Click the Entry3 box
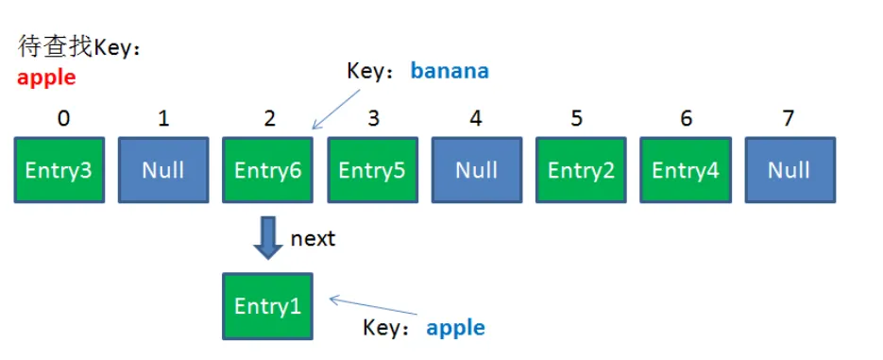(59, 169)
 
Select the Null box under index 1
(163, 169)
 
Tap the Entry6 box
(267, 169)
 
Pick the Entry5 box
(372, 169)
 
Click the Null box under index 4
(476, 169)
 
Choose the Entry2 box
(581, 169)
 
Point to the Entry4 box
(686, 169)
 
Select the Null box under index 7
(790, 169)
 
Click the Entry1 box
(267, 306)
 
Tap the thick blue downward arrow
(267, 238)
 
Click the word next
(313, 239)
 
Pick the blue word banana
(450, 71)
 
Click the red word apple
(46, 77)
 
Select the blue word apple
(455, 328)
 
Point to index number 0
(63, 118)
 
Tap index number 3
(373, 118)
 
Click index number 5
(577, 118)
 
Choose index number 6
(686, 118)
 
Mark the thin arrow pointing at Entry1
(374, 305)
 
